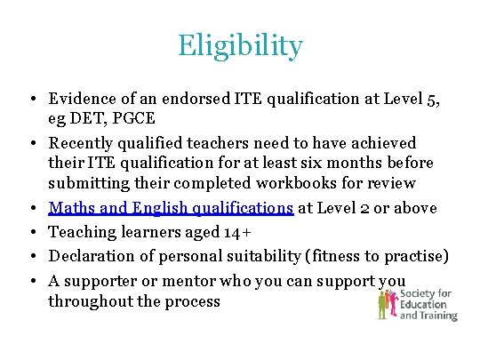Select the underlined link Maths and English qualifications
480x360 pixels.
click(x=171, y=208)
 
